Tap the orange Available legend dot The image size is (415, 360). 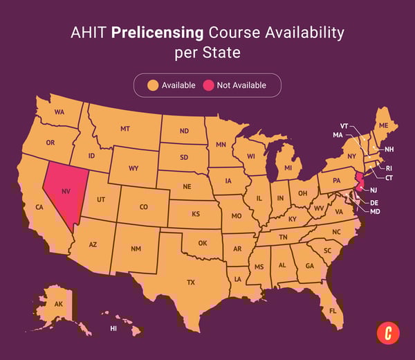point(154,85)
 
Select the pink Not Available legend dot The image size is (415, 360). point(207,85)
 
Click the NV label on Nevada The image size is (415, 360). point(66,190)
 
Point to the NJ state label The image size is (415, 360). point(374,190)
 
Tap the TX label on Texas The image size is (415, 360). point(191,282)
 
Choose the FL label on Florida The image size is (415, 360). point(333,311)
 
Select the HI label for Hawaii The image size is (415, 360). point(113,328)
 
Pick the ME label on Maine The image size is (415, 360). point(382,125)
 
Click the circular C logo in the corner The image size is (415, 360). point(387,333)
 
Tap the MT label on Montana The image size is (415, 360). point(125,129)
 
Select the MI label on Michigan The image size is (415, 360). point(288,168)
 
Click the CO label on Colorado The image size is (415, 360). point(143,206)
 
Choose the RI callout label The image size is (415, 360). point(389,168)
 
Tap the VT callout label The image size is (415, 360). point(344,125)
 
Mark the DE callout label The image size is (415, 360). point(374,202)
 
